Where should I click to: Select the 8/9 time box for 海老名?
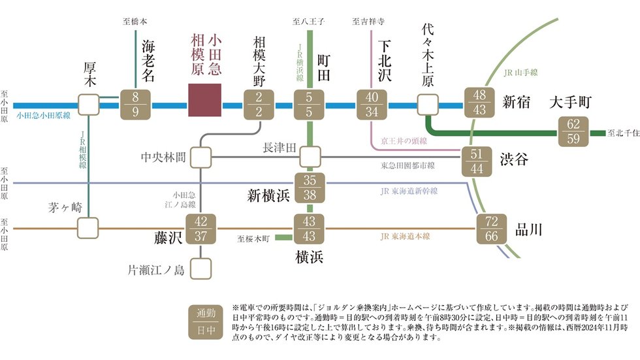(135, 105)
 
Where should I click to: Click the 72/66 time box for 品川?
(493, 229)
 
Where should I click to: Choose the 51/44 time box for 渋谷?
(477, 161)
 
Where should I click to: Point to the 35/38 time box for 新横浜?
(310, 188)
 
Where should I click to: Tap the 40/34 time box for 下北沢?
(373, 105)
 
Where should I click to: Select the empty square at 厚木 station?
(89, 104)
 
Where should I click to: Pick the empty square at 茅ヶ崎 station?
(89, 228)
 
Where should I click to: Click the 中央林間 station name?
(164, 157)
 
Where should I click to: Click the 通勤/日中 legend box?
(202, 321)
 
